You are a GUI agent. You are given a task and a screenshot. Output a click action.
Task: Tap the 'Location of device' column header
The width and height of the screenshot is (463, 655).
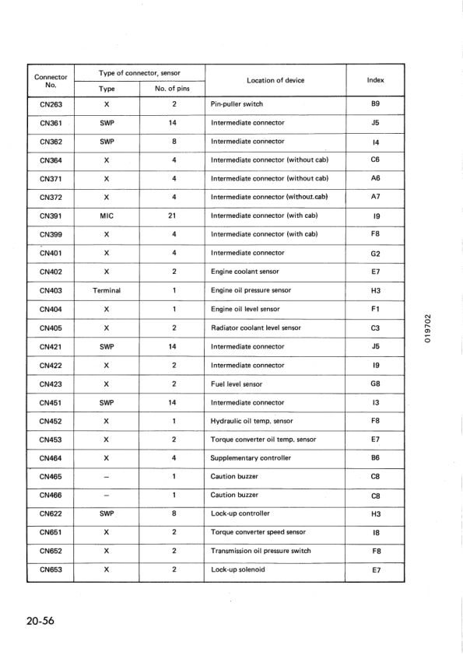click(x=275, y=80)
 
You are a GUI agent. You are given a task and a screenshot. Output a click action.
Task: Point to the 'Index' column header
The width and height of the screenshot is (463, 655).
click(x=375, y=80)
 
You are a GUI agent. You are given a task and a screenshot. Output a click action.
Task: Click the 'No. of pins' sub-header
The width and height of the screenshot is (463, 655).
click(x=172, y=89)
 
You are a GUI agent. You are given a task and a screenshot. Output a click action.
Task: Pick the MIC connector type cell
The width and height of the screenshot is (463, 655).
click(x=107, y=215)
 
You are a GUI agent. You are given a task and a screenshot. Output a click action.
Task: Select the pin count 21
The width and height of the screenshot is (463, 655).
click(x=174, y=215)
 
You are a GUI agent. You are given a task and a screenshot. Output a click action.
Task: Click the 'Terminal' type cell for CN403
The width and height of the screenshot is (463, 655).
click(x=107, y=290)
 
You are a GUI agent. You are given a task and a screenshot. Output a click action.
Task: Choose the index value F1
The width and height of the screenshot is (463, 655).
click(x=375, y=309)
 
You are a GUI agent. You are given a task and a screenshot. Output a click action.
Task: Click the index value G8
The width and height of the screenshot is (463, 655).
click(x=375, y=384)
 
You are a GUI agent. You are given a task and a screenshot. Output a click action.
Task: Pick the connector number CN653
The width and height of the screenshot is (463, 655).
click(x=51, y=569)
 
